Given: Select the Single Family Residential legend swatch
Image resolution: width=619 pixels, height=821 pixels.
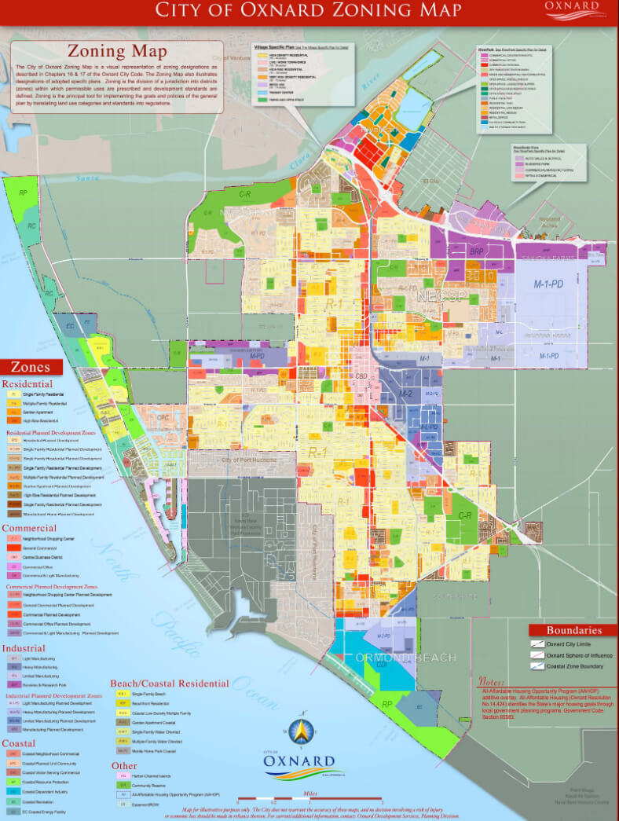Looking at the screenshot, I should [15, 394].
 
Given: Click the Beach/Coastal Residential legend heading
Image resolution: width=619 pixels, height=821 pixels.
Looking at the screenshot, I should [169, 683].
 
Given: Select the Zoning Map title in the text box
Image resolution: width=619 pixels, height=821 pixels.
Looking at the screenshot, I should [117, 52].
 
